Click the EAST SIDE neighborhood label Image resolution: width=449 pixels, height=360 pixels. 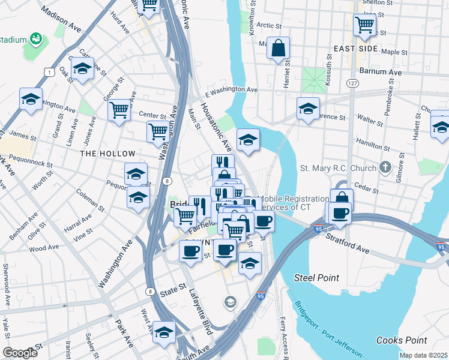point(356,48)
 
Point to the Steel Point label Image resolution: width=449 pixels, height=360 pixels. point(316,278)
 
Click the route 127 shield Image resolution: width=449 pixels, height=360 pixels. point(352,83)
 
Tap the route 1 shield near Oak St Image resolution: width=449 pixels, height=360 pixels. point(47,72)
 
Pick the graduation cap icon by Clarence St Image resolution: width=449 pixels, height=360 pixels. point(308,109)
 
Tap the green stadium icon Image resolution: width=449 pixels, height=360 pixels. point(36,40)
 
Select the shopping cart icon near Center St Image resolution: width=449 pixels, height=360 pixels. point(119,110)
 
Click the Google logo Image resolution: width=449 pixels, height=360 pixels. point(20,353)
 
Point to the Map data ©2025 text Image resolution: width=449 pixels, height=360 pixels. point(423,355)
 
